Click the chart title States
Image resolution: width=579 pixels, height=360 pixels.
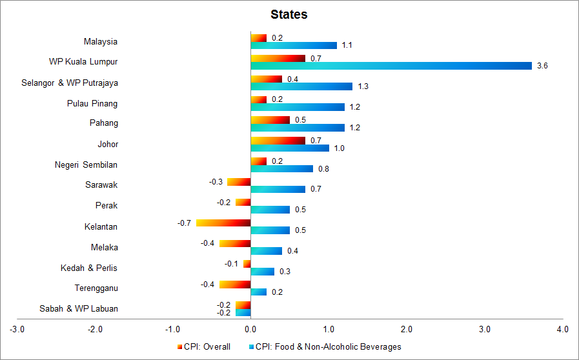click(289, 14)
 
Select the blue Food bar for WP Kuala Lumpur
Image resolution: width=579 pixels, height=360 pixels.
click(391, 66)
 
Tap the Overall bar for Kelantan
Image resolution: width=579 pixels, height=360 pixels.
click(223, 223)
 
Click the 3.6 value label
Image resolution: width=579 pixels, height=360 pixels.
click(542, 66)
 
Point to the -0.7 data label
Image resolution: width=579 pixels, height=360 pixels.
click(185, 223)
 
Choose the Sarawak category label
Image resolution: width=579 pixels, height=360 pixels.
click(101, 185)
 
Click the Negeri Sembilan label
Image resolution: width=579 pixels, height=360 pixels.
click(86, 165)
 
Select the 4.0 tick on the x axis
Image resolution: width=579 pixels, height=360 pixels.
click(562, 330)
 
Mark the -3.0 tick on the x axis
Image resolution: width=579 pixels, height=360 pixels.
click(17, 330)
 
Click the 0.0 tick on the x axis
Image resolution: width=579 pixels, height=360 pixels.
click(250, 330)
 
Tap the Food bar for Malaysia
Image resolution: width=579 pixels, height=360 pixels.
click(294, 45)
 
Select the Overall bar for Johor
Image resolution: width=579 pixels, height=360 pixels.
click(278, 140)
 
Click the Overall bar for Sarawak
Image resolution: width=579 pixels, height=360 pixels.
click(239, 182)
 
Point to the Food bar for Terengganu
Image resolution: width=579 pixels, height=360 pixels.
click(258, 292)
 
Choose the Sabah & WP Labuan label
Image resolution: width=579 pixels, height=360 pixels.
click(79, 308)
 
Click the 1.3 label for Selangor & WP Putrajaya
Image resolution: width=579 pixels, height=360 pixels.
click(363, 86)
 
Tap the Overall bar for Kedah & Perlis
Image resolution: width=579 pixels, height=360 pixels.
click(247, 263)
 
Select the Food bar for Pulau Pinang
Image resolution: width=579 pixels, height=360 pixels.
click(298, 107)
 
